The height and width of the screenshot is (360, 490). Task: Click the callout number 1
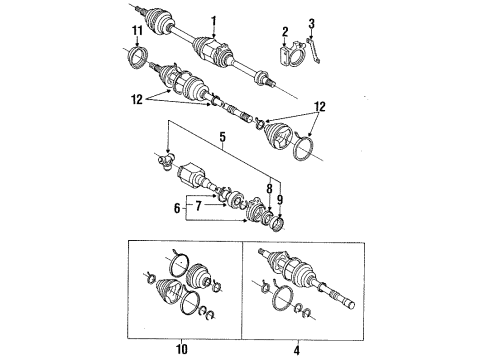pyautogui.click(x=212, y=18)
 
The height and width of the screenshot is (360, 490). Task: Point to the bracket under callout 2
pyautogui.click(x=288, y=60)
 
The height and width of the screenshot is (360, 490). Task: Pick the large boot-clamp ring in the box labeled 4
pyautogui.click(x=297, y=297)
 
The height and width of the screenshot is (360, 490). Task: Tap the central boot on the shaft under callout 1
pyautogui.click(x=210, y=46)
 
